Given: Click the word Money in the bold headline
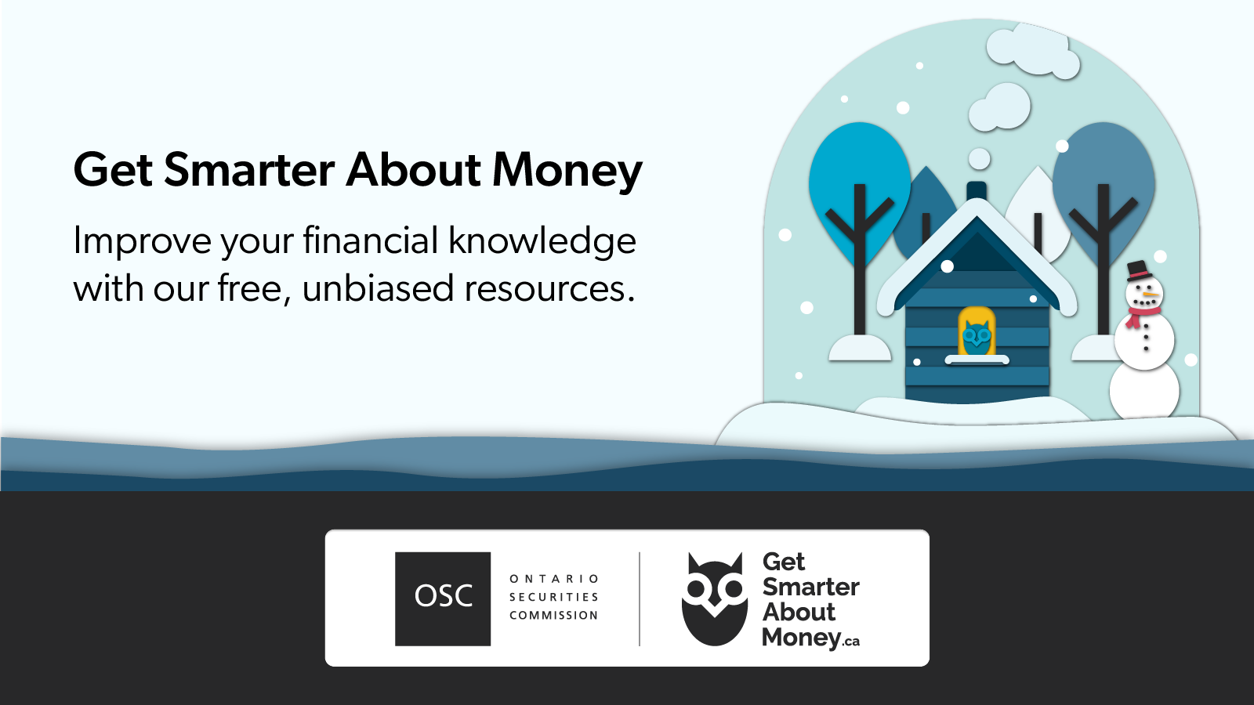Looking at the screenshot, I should (567, 171).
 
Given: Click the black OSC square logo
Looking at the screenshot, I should (443, 598).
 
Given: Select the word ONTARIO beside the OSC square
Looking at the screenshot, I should (554, 579).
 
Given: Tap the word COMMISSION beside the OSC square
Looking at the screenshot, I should (554, 616).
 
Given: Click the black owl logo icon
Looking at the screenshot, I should (714, 600).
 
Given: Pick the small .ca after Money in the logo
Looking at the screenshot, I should (851, 642).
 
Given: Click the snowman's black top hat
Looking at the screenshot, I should (1139, 271).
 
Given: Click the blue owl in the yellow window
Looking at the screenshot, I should (977, 338).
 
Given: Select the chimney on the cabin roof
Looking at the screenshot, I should (977, 190).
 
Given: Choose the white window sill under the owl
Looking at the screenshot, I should (977, 360).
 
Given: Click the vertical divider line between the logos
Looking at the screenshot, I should (640, 598).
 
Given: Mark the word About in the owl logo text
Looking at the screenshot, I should (799, 613).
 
